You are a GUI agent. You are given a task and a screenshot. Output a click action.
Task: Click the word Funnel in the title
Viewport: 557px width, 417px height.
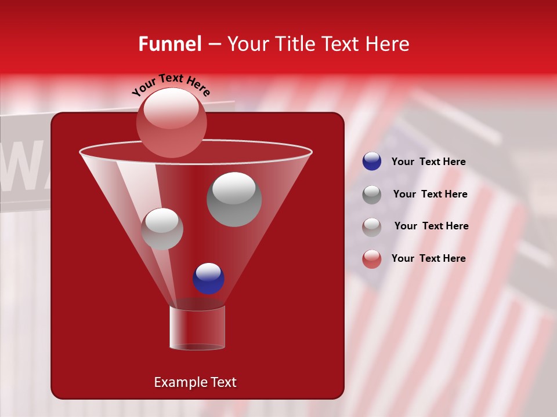point(169,44)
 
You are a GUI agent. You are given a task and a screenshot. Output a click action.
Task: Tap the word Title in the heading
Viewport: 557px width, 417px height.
point(294,44)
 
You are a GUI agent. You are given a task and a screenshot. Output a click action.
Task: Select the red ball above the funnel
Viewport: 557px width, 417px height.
point(171,122)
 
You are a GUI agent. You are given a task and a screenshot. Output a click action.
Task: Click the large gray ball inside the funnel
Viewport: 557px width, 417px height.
point(234,199)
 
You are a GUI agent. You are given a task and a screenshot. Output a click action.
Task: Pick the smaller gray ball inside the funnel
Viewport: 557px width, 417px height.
point(162,229)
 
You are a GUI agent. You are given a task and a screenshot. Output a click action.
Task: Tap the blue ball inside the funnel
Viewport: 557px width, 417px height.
point(208,279)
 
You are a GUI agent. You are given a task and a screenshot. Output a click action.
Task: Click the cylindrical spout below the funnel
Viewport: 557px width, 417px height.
point(197,328)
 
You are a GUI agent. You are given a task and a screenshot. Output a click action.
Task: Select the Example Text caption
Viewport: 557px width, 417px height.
point(195,382)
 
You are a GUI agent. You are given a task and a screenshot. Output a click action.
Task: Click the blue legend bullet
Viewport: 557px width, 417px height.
point(372,162)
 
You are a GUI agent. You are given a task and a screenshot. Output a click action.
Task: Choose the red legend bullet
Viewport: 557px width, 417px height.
point(372,259)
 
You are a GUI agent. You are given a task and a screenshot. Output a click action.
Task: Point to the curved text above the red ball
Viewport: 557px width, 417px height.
point(171,85)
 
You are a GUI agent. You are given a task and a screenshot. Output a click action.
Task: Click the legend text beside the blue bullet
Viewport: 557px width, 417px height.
point(428,162)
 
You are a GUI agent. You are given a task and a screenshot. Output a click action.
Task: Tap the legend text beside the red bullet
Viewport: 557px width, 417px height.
point(428,258)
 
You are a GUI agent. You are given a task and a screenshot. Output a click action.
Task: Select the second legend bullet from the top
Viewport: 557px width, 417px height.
point(372,195)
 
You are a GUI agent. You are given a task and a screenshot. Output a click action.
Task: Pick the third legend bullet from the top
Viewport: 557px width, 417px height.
point(372,226)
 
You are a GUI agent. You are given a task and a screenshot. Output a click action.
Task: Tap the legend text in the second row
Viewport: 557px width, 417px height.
point(430,194)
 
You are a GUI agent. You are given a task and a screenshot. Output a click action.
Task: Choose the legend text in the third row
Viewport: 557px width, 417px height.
point(431,226)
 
